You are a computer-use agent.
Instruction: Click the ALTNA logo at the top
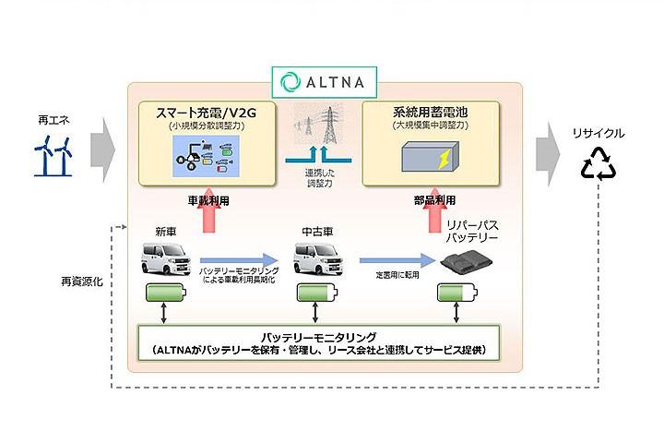324,80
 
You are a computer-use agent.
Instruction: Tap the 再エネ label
53,120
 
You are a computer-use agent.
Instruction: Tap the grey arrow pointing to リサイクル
549,145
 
